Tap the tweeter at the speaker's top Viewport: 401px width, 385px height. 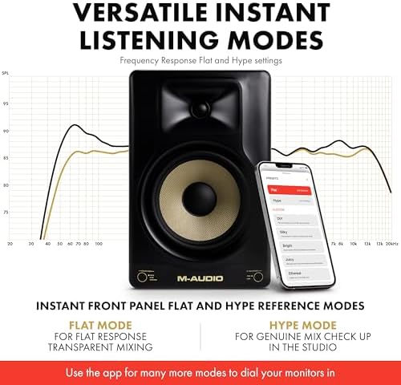pos(200,108)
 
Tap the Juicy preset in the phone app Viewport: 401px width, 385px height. pos(290,258)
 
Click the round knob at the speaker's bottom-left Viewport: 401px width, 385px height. pos(142,278)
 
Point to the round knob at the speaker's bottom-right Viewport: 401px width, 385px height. pos(258,278)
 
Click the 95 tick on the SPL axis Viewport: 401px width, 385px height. pos(6,103)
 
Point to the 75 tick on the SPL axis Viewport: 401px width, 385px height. pos(6,213)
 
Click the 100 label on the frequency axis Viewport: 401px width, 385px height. pos(99,242)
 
